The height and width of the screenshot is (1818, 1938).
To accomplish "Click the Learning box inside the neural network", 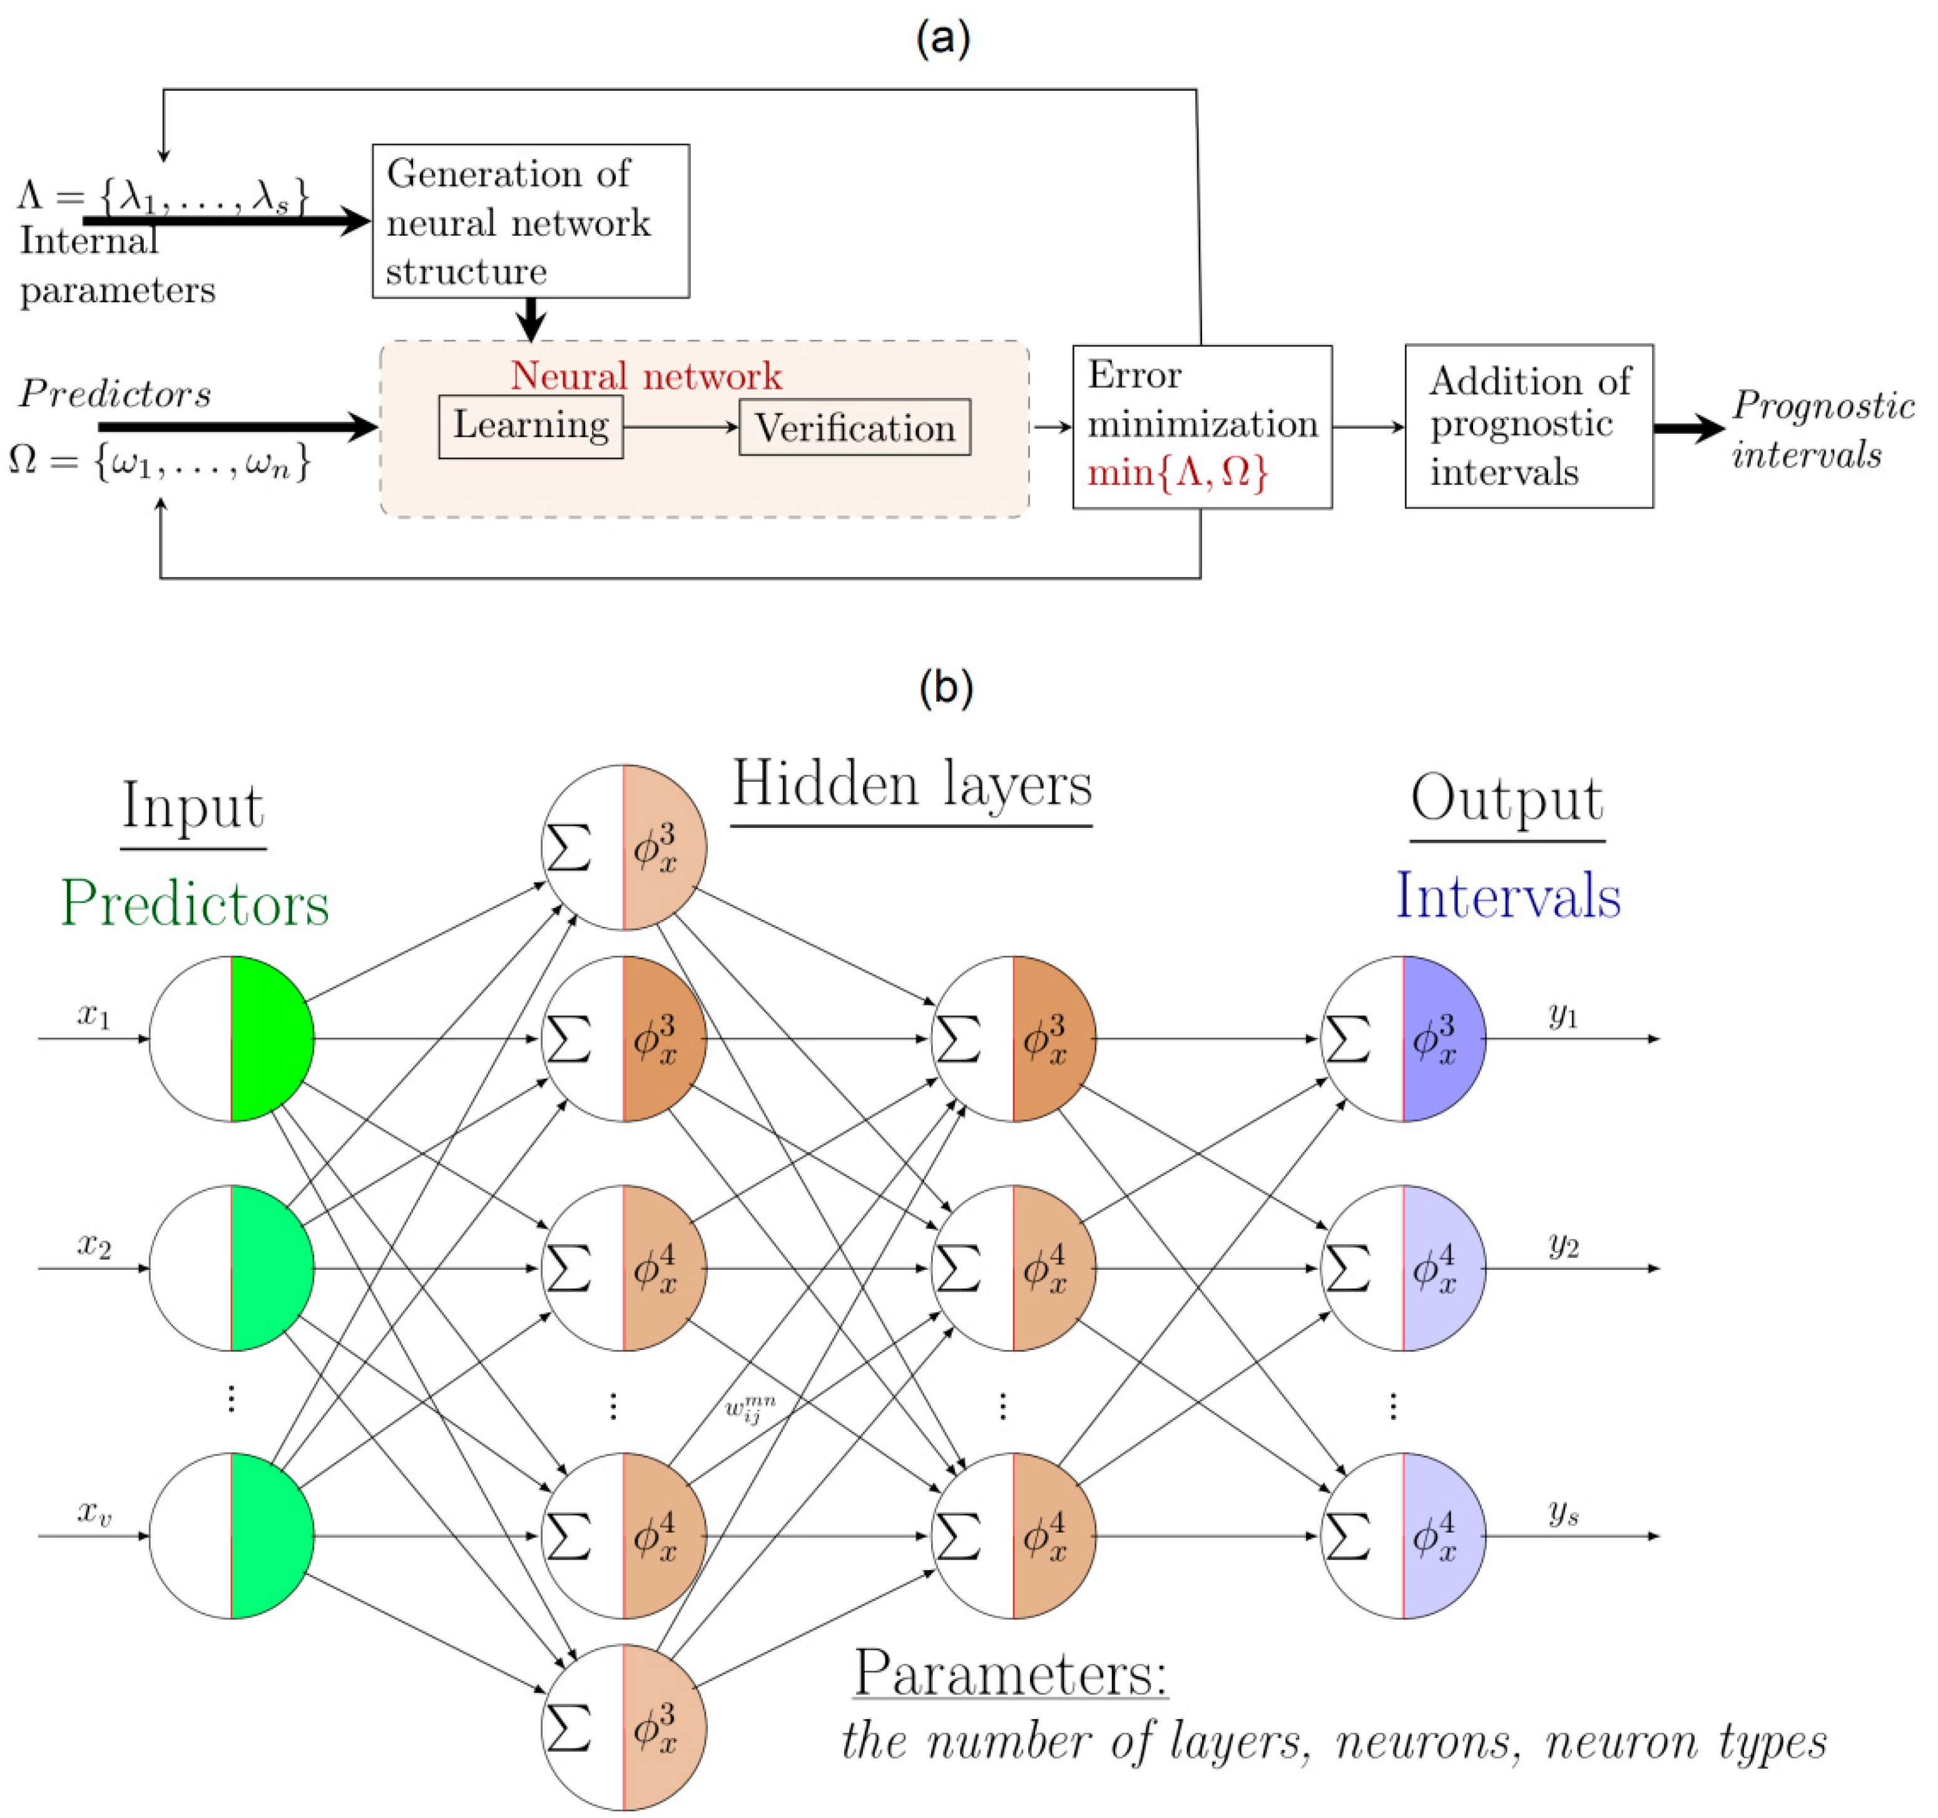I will (530, 426).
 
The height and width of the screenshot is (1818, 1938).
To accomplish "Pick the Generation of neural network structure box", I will (530, 222).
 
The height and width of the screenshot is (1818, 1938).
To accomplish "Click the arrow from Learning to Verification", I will (680, 427).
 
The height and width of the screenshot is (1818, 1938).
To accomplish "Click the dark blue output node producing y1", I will (1403, 1038).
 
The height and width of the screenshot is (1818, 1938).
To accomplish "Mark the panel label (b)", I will (945, 687).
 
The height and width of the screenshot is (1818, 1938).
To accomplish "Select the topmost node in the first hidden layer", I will (624, 847).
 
